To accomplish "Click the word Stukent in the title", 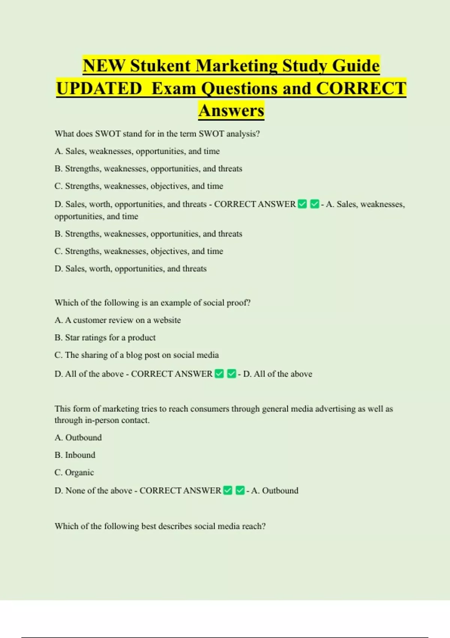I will (160, 66).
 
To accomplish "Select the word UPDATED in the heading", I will (99, 89).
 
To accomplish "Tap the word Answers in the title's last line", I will (231, 111).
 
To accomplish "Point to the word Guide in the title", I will (356, 66).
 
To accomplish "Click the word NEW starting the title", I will (104, 66).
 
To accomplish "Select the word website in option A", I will (167, 320).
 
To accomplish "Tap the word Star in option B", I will (72, 338).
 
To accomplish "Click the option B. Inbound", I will (75, 455).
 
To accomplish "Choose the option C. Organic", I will (74, 472).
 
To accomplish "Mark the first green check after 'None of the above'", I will (228, 491).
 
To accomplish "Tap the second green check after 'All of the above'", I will (232, 374).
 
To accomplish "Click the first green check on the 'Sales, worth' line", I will (302, 204).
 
